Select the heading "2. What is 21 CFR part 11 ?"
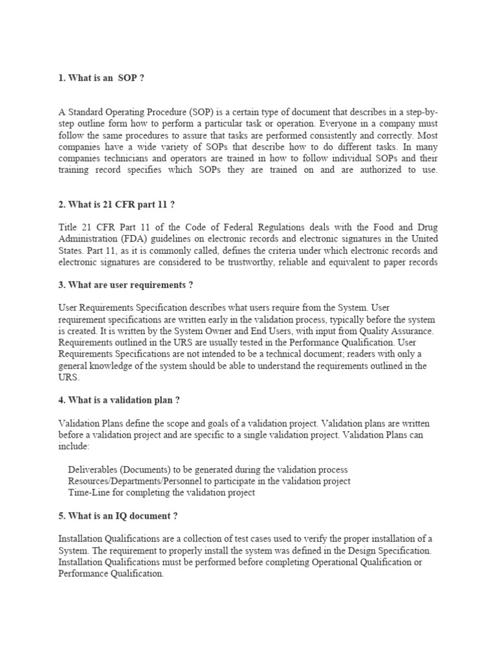click(x=116, y=205)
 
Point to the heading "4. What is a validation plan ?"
click(x=118, y=400)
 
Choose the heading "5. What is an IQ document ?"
click(x=117, y=516)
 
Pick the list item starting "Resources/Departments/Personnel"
click(x=209, y=481)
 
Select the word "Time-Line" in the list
click(x=88, y=493)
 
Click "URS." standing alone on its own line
click(x=68, y=377)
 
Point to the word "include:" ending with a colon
click(x=75, y=447)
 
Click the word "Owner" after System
click(x=193, y=331)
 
